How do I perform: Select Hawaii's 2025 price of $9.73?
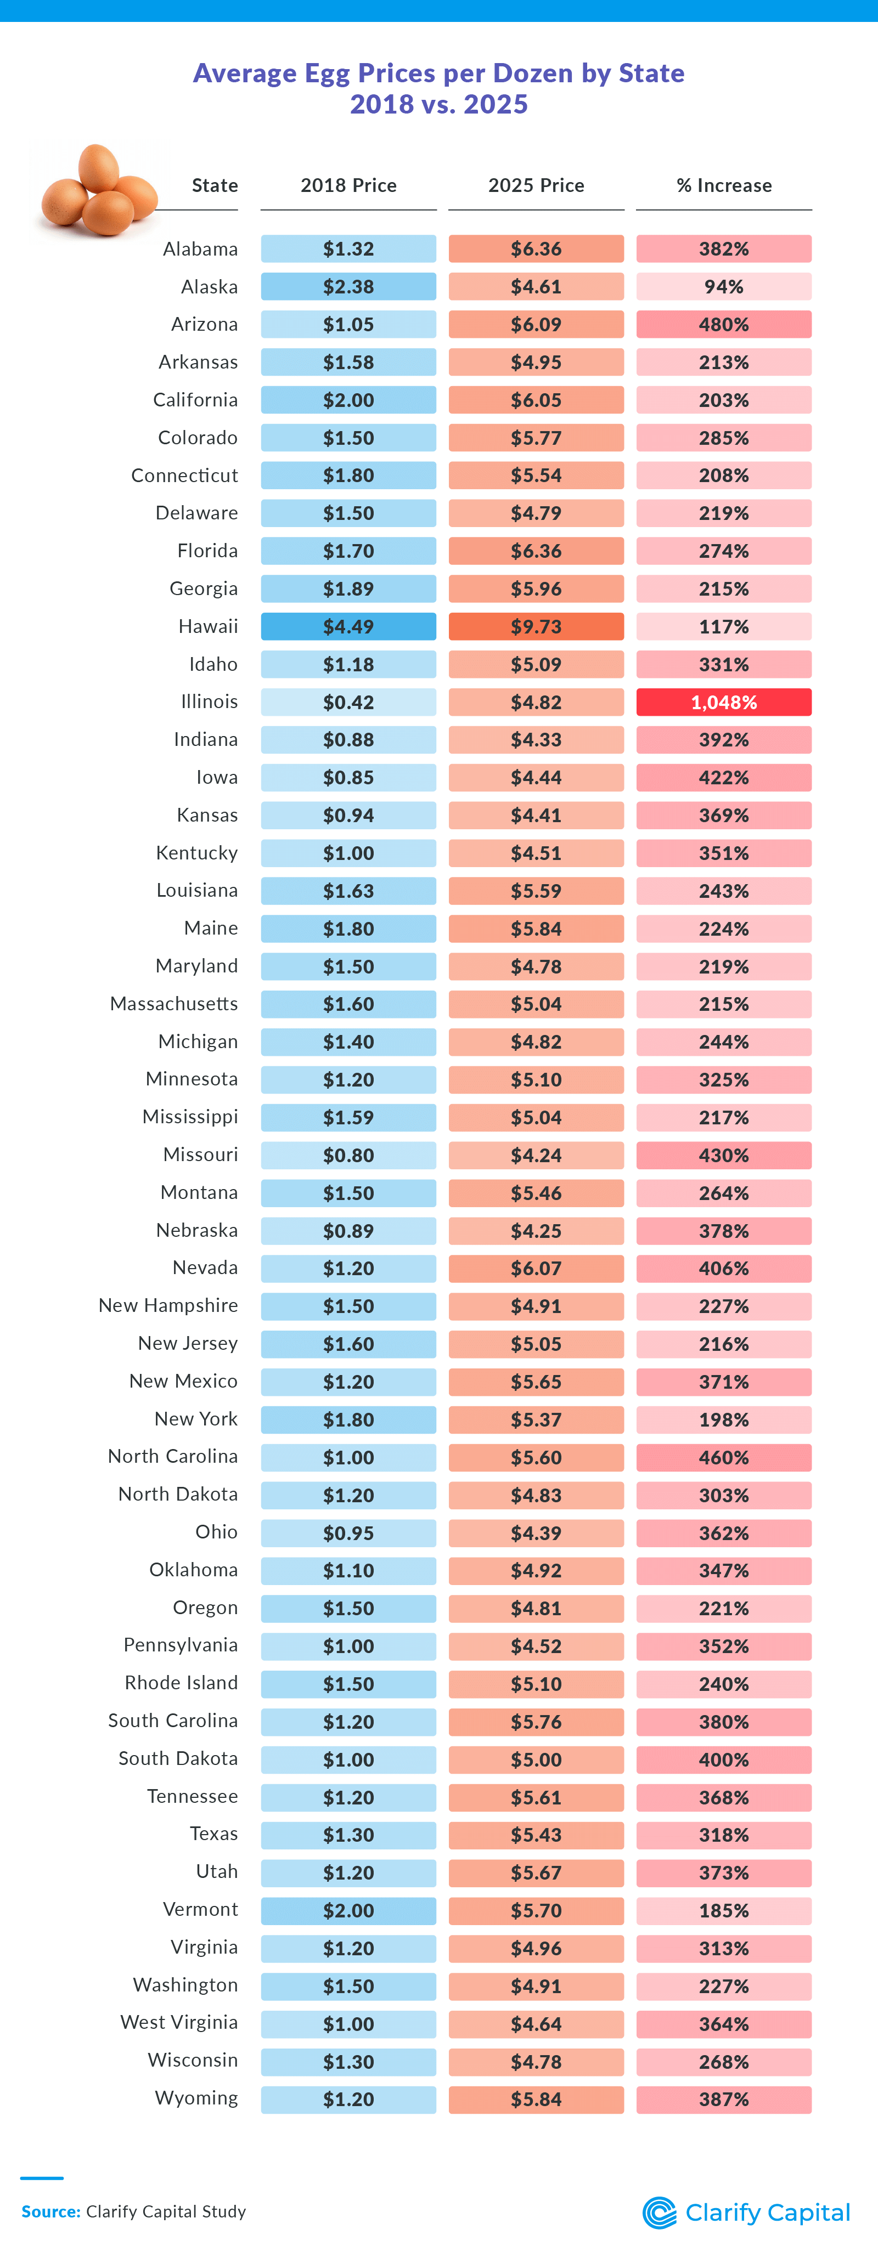(x=536, y=627)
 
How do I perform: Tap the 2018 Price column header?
(x=348, y=185)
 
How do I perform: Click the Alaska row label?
(x=209, y=287)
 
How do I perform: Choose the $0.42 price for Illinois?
(x=348, y=702)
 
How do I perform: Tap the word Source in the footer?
(x=50, y=2212)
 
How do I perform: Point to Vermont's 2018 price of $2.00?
(x=348, y=1911)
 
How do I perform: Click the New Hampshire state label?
(x=168, y=1305)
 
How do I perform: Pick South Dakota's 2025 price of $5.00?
(x=536, y=1760)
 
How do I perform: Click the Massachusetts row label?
(x=173, y=1004)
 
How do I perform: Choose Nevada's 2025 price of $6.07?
(x=536, y=1269)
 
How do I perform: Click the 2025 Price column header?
(x=536, y=185)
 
